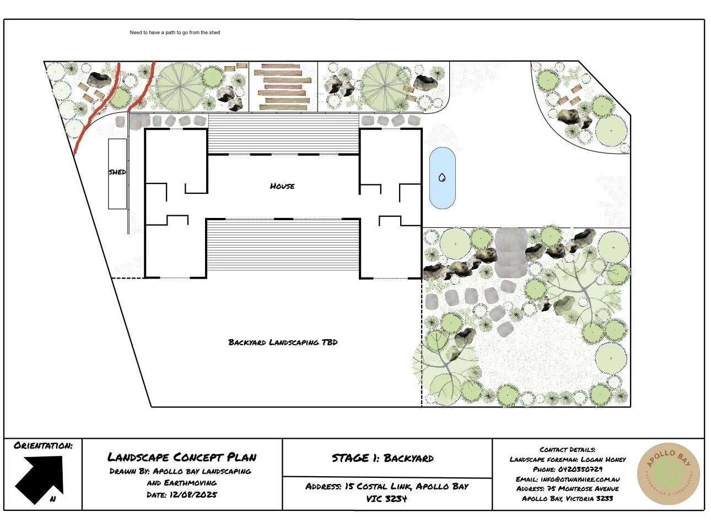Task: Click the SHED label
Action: click(x=117, y=172)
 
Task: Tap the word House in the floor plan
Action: click(x=282, y=186)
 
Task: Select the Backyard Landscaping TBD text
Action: click(x=283, y=342)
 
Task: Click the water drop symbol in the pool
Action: click(x=442, y=177)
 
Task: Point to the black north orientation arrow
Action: click(x=39, y=479)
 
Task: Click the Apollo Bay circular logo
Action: click(x=668, y=474)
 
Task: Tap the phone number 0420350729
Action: click(x=580, y=469)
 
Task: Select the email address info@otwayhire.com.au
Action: click(x=580, y=480)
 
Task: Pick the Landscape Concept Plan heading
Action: click(x=182, y=457)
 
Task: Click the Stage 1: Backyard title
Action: click(x=383, y=458)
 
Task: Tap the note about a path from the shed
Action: click(x=175, y=32)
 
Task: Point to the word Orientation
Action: click(x=43, y=446)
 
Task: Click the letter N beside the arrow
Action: click(x=53, y=499)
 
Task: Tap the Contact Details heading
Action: click(x=568, y=449)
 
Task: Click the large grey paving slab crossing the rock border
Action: click(x=511, y=253)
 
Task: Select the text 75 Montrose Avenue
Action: click(x=583, y=489)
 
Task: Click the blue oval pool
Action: click(x=443, y=178)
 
